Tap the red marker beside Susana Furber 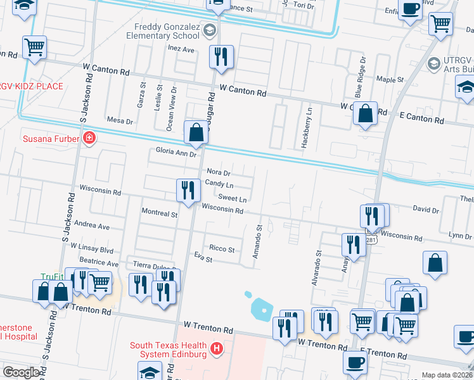tap(89, 138)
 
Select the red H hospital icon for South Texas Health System tap(217, 348)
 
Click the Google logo tap(22, 372)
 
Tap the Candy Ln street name tap(219, 185)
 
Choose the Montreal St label tap(160, 214)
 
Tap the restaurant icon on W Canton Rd tap(221, 57)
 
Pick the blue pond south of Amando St tap(262, 308)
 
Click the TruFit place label tap(53, 277)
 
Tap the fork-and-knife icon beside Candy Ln tap(188, 190)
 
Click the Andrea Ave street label tap(92, 225)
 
